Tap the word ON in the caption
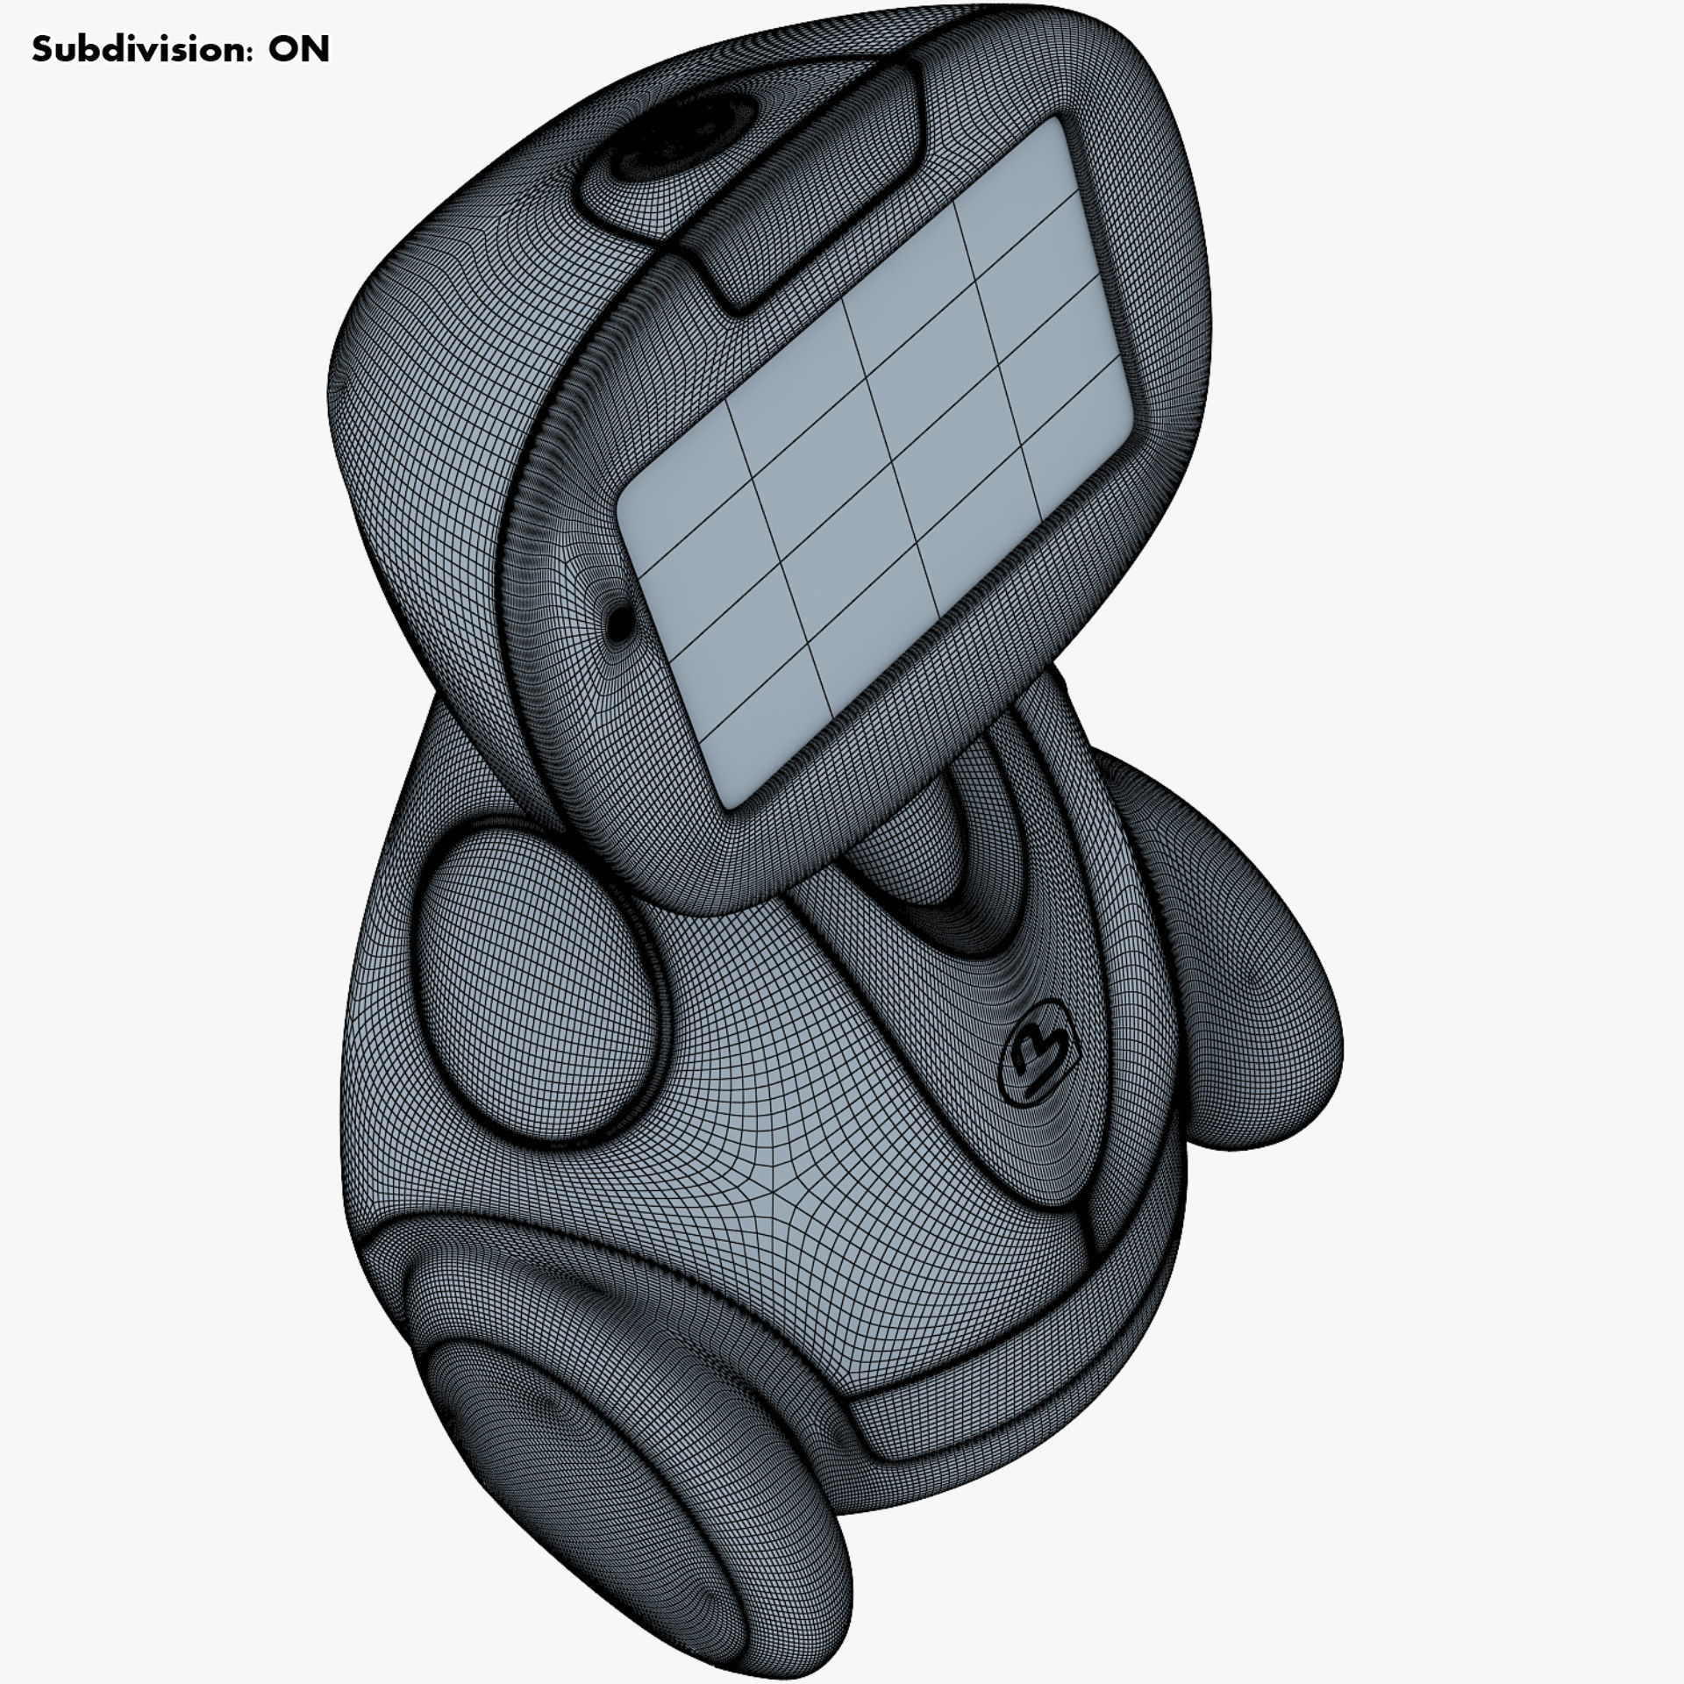[x=299, y=50]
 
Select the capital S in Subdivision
[x=41, y=50]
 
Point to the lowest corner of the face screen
[x=732, y=803]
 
